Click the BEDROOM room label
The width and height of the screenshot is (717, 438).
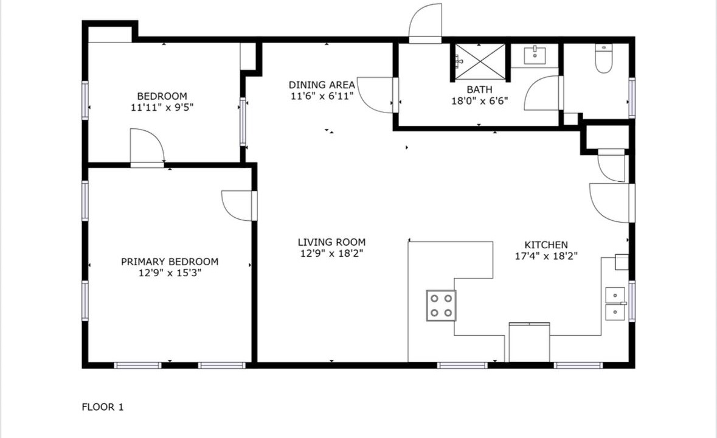pos(162,96)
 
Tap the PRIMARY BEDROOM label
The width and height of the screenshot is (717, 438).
pos(170,262)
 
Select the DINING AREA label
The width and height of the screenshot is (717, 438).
pos(322,85)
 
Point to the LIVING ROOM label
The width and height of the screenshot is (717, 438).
pos(331,242)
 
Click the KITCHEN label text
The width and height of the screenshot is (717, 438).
pos(546,245)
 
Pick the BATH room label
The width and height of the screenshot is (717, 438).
pos(480,89)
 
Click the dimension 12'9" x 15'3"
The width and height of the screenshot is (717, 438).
pos(170,273)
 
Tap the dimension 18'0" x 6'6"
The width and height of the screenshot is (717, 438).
pos(480,101)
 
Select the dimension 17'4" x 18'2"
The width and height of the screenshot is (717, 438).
pos(546,256)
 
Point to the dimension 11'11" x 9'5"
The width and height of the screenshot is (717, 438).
pos(162,108)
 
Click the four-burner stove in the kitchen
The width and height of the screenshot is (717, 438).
pos(442,305)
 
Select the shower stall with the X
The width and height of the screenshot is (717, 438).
pos(479,62)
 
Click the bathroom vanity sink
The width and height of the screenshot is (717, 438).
pos(535,55)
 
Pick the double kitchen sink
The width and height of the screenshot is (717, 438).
pos(615,304)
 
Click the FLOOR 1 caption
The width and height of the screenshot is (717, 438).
pos(102,407)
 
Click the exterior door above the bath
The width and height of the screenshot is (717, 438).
pos(425,23)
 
